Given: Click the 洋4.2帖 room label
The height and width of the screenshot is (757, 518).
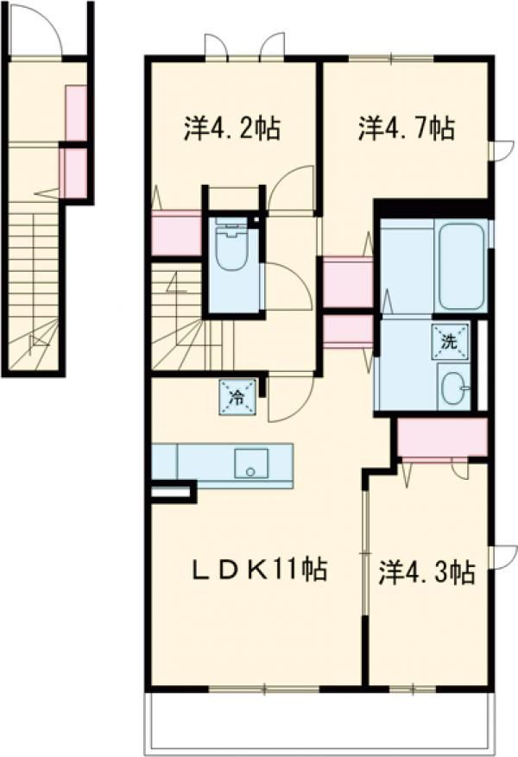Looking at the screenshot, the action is click(x=231, y=128).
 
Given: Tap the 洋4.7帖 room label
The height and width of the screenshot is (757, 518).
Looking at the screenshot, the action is click(x=406, y=128).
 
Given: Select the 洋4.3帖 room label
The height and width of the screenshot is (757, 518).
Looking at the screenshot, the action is click(x=426, y=572).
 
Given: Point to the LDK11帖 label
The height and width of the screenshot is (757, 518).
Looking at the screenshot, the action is click(x=260, y=569).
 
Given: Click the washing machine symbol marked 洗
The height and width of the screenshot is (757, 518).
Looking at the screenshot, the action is click(x=450, y=342).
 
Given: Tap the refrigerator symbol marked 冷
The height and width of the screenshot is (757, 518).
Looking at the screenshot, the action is click(x=237, y=397).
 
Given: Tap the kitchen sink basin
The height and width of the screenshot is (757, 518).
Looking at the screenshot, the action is click(x=251, y=464).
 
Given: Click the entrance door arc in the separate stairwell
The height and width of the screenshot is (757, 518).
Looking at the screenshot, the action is click(x=35, y=30).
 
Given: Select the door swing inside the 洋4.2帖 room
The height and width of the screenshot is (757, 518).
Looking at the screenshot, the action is click(x=291, y=187).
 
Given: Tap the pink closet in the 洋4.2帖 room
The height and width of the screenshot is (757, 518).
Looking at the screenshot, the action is click(x=176, y=233).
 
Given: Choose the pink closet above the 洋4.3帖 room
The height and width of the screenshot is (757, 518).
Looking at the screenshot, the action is click(x=442, y=438).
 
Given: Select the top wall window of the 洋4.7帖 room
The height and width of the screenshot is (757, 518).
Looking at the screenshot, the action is click(x=391, y=59).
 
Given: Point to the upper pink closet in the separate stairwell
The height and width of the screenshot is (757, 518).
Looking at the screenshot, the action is click(x=76, y=113).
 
